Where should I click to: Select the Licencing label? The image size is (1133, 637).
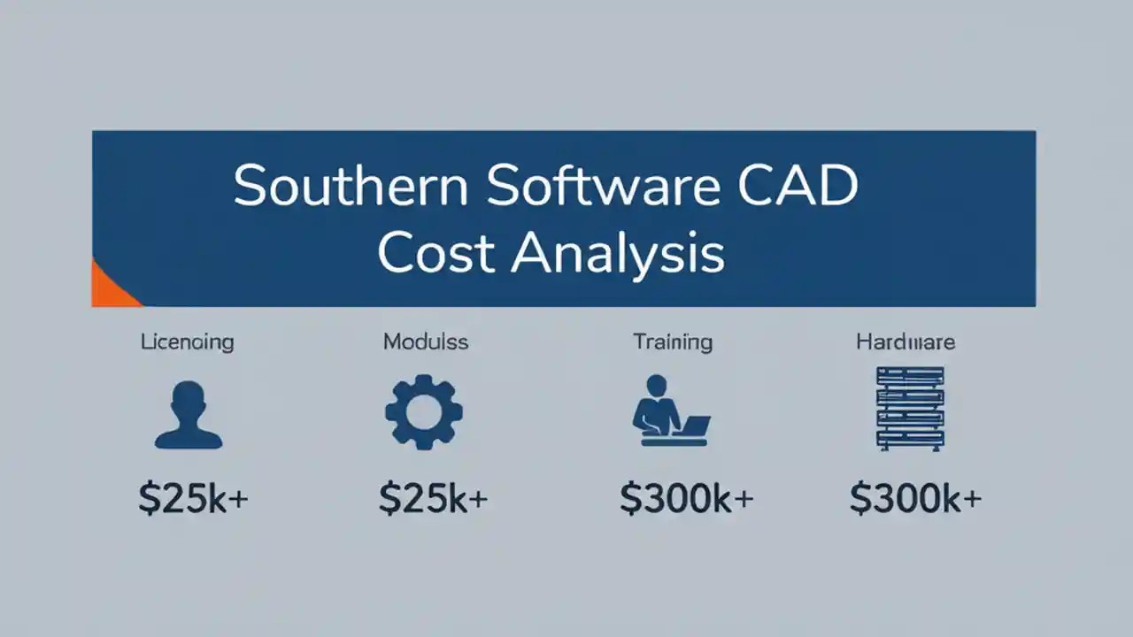(x=187, y=342)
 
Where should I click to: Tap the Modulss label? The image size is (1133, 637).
(x=426, y=342)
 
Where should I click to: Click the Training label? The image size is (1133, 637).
(x=672, y=342)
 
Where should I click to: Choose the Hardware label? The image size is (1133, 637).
(x=905, y=342)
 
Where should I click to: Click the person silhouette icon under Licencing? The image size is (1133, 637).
(x=188, y=414)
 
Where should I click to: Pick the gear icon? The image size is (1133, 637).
(x=423, y=412)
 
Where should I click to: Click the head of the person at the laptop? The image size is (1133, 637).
(x=657, y=386)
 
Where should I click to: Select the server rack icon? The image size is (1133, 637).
(x=909, y=409)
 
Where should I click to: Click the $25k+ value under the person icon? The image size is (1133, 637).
(x=193, y=499)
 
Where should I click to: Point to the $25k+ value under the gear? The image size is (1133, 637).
(x=433, y=499)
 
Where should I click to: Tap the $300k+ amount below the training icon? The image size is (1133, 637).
(x=686, y=499)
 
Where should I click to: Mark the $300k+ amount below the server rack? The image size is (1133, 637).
(x=915, y=499)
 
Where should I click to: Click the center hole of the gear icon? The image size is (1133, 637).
(x=423, y=412)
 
